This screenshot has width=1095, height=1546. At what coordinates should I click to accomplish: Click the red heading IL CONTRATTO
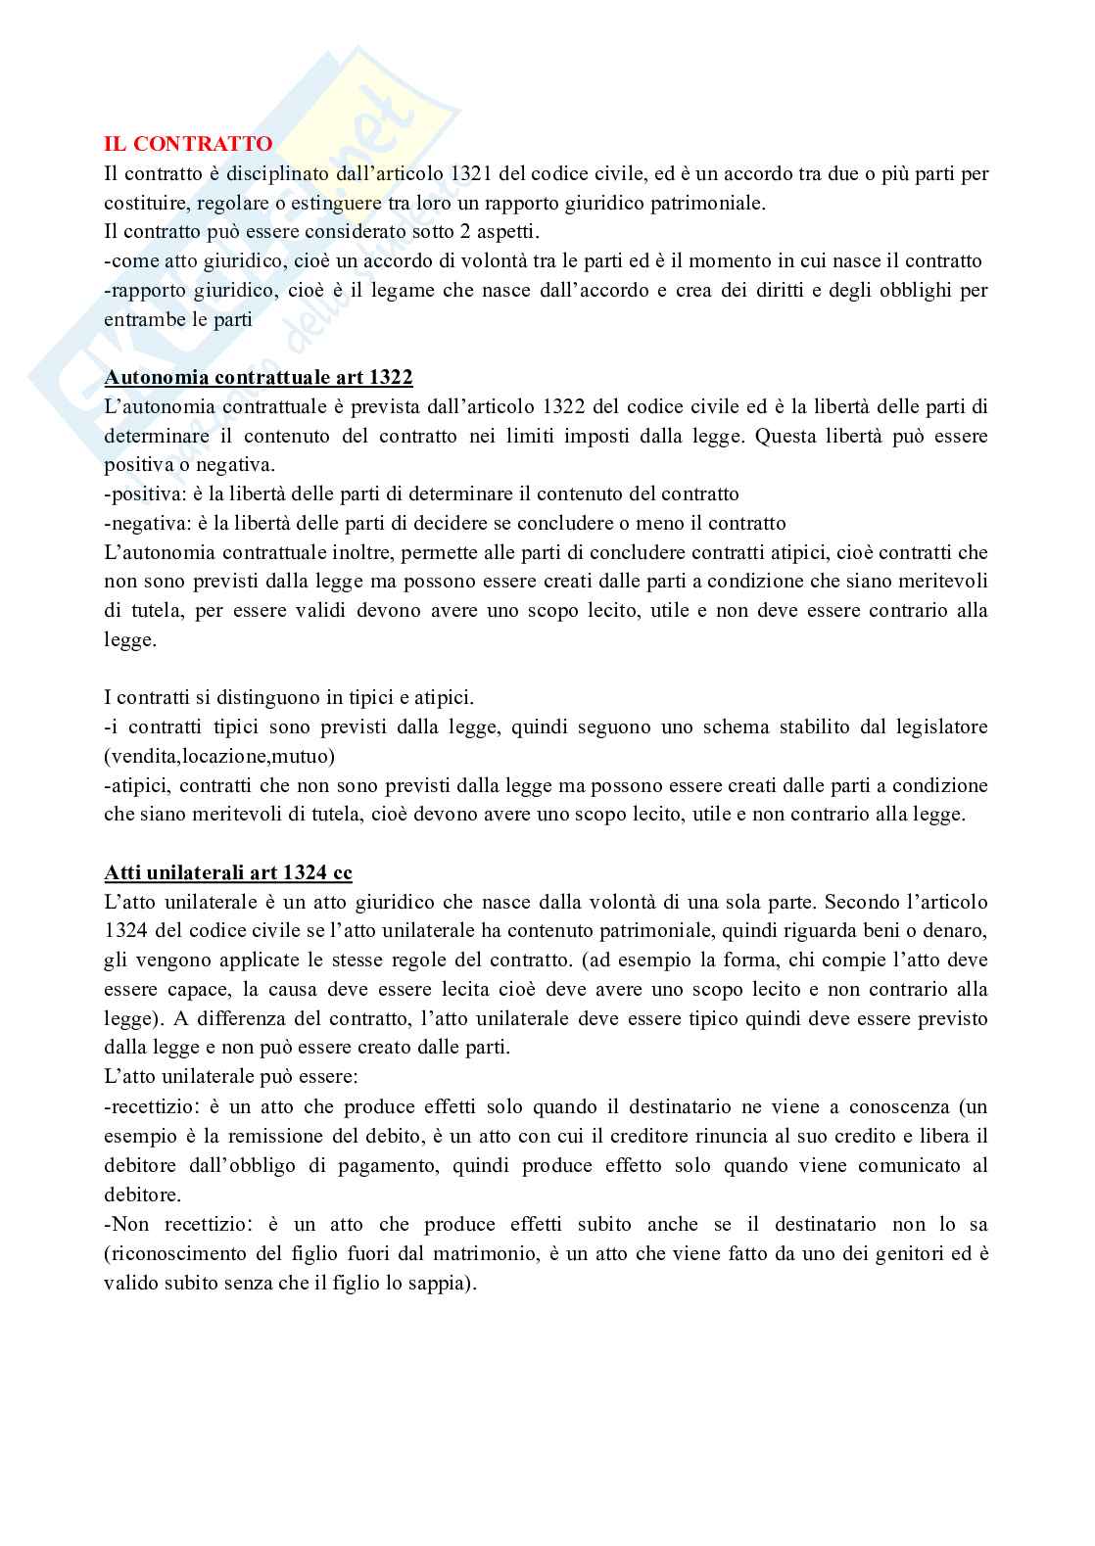pos(188,144)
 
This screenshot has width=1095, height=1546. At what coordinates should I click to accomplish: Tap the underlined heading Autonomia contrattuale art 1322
pos(259,377)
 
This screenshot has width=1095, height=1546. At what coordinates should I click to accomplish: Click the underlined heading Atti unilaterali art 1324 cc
pos(228,872)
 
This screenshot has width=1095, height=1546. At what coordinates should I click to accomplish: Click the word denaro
pos(954,930)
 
